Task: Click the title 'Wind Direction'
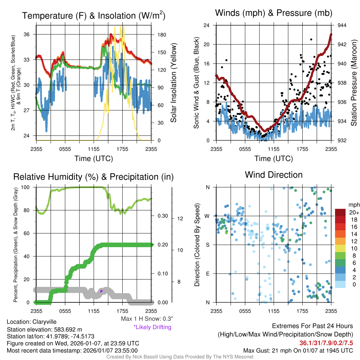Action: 274,175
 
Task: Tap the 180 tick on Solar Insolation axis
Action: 157,35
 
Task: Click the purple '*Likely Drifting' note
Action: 152,327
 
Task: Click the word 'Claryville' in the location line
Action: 44,322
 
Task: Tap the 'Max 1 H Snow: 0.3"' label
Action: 147,319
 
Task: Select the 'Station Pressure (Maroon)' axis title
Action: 354,83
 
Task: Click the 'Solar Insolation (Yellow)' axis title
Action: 173,83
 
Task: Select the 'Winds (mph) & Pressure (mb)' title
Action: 274,13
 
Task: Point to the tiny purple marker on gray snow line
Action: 101,291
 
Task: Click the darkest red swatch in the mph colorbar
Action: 340,212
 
